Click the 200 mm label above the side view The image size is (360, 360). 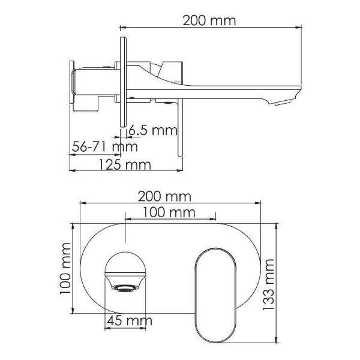[x=209, y=20]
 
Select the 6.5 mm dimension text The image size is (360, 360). [x=153, y=130]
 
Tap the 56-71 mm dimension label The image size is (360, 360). [x=104, y=146]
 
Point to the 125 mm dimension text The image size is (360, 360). [x=125, y=164]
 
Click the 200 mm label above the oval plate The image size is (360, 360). [x=164, y=197]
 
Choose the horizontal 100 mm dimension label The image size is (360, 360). [x=169, y=212]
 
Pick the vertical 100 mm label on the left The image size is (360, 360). [x=65, y=268]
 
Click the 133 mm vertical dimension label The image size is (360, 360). [x=268, y=284]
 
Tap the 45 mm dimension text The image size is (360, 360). [x=130, y=320]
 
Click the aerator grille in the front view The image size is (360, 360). [x=125, y=288]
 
